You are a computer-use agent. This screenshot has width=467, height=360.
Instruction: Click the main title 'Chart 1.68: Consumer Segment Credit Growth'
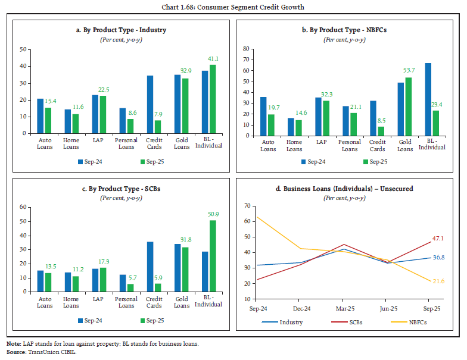233,7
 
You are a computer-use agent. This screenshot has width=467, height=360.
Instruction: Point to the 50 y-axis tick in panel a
23,49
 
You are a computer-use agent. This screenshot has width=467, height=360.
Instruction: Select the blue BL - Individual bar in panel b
428,99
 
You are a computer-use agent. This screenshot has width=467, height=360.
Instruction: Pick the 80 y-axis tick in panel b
243,48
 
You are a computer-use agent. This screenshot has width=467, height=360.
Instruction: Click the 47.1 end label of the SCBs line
439,238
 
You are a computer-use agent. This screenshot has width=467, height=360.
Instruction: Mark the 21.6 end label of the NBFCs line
439,280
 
